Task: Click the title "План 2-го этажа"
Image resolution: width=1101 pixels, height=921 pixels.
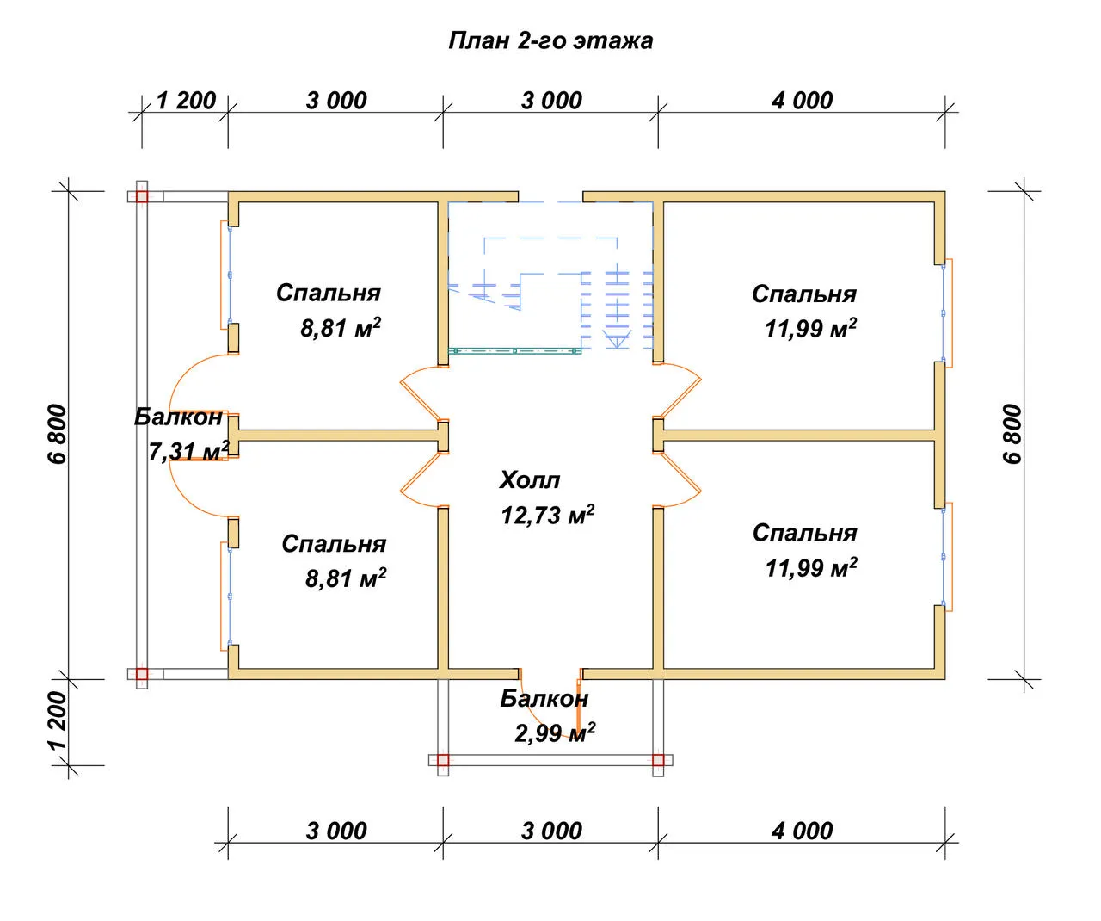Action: (x=550, y=40)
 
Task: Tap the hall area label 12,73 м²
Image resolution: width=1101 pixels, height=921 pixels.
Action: (x=547, y=515)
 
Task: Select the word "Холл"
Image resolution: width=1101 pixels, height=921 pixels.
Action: (x=529, y=480)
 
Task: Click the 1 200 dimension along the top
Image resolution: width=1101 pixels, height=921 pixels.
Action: (x=186, y=101)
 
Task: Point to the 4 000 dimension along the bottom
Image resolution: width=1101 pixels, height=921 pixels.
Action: (x=802, y=831)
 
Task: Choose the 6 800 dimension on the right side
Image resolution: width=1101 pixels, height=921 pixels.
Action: (x=1012, y=434)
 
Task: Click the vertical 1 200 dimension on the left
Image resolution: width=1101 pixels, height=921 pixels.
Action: (x=58, y=720)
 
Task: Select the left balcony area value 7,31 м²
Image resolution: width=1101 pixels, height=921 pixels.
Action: (x=188, y=451)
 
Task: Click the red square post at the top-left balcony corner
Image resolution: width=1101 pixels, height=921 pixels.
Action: (x=142, y=197)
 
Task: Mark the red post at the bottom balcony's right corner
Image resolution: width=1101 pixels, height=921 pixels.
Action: (x=658, y=760)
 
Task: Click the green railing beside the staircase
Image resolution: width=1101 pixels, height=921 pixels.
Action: (x=514, y=350)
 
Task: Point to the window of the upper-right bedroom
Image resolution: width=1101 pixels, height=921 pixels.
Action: (x=948, y=313)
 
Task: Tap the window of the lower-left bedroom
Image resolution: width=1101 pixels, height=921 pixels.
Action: (x=225, y=596)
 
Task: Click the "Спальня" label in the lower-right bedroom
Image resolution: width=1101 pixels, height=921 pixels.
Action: (x=804, y=533)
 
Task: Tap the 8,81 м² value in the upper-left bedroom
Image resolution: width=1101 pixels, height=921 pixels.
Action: (x=341, y=328)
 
